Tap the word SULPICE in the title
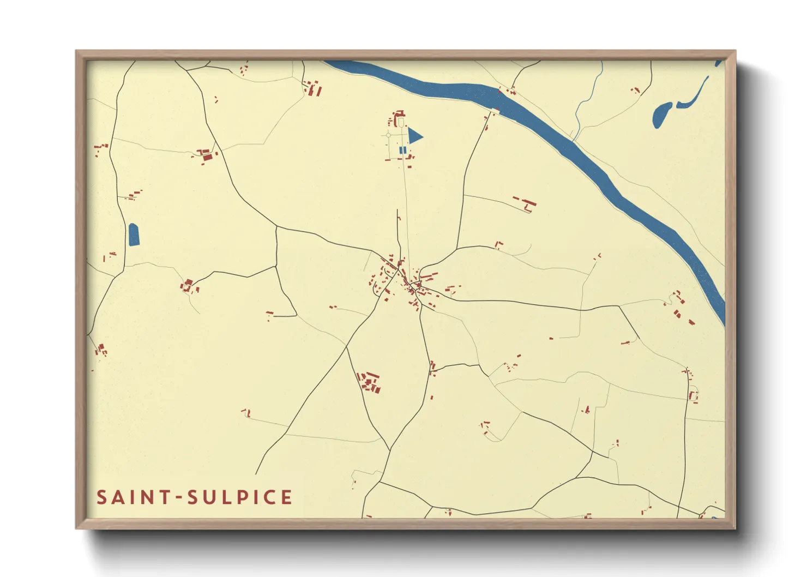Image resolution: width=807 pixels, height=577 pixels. tap(239, 497)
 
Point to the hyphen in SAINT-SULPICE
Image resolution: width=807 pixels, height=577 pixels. tap(178, 498)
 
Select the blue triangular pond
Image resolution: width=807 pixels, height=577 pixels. tap(414, 136)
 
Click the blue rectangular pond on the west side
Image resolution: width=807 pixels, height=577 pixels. tap(134, 235)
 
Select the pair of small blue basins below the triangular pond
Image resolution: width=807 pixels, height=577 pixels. tap(402, 150)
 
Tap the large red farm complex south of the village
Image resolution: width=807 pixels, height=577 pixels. tap(370, 382)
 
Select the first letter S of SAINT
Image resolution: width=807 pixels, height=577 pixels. tap(101, 497)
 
